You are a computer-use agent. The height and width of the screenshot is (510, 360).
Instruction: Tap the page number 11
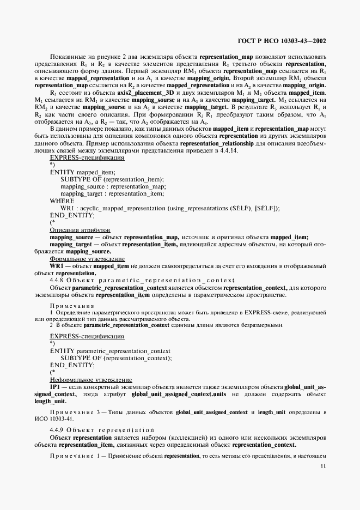[x=323, y=466]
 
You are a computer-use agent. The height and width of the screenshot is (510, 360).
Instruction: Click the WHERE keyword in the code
[x=62, y=201]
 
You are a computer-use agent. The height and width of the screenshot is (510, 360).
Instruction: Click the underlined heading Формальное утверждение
[x=87, y=259]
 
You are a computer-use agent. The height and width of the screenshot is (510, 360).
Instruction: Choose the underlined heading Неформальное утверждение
[x=90, y=379]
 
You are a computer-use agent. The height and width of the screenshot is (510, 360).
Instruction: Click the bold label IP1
[x=55, y=386]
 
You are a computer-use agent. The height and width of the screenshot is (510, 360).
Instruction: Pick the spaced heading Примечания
[x=72, y=306]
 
